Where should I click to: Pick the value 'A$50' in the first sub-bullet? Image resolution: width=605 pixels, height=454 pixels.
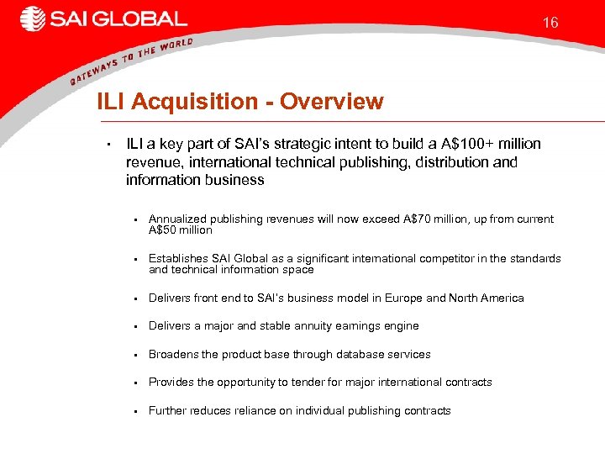click(165, 230)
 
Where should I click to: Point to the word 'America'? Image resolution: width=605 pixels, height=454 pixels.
click(502, 298)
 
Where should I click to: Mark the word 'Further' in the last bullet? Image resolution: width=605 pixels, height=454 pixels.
click(167, 411)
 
